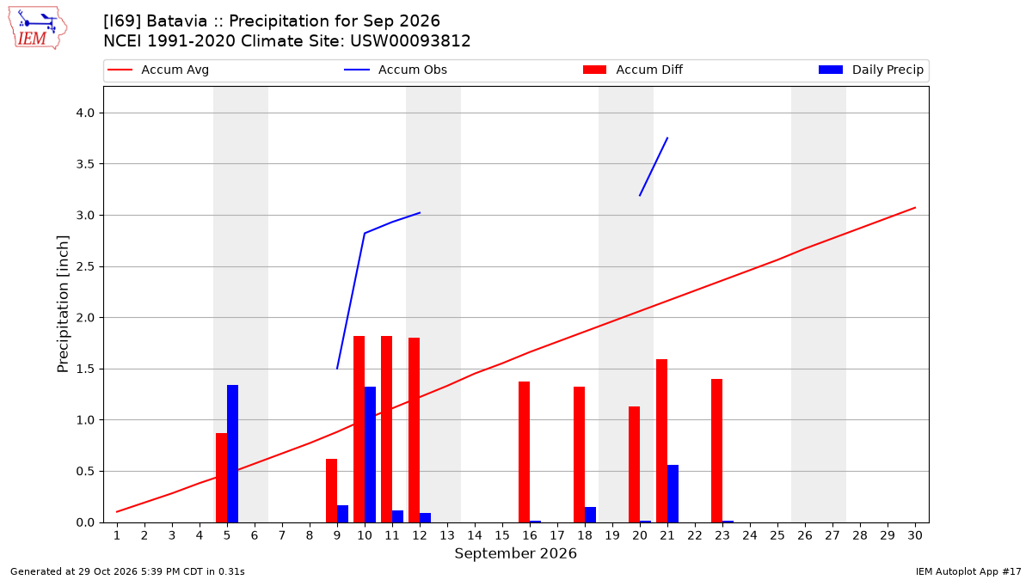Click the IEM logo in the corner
pyautogui.click(x=38, y=28)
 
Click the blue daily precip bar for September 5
pyautogui.click(x=233, y=454)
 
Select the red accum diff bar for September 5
pyautogui.click(x=222, y=478)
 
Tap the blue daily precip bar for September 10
pyautogui.click(x=370, y=455)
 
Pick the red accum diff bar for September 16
pyautogui.click(x=525, y=452)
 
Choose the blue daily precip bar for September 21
pyautogui.click(x=673, y=493)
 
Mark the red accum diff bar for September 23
pyautogui.click(x=717, y=450)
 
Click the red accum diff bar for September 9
pyautogui.click(x=332, y=491)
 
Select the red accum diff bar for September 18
pyautogui.click(x=579, y=455)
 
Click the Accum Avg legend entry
pyautogui.click(x=158, y=70)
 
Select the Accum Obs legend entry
pyautogui.click(x=396, y=70)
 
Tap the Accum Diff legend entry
pyautogui.click(x=633, y=70)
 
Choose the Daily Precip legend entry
pyautogui.click(x=870, y=70)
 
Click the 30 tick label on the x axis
pyautogui.click(x=915, y=535)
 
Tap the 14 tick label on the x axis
pyautogui.click(x=475, y=535)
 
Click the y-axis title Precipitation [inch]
pyautogui.click(x=63, y=304)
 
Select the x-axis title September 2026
pyautogui.click(x=515, y=553)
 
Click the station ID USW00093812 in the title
pyautogui.click(x=410, y=41)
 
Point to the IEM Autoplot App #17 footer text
pyautogui.click(x=968, y=571)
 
